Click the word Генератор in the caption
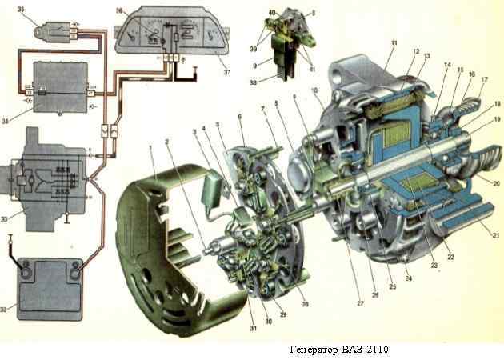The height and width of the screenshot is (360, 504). [315, 350]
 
